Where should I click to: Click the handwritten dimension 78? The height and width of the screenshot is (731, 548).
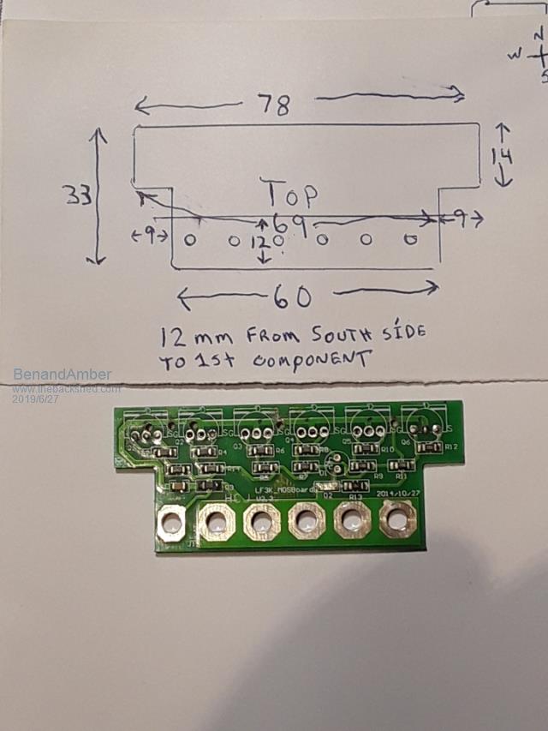277,105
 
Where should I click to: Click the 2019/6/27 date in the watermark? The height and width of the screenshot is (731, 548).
35,398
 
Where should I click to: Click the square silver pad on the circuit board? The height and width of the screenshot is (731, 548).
172,521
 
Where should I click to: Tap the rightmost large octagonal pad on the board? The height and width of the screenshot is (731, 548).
396,518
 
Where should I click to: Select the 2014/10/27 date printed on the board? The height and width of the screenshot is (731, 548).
397,494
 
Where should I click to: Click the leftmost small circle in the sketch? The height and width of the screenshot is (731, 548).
190,241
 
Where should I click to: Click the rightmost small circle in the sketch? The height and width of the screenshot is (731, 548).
409,240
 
